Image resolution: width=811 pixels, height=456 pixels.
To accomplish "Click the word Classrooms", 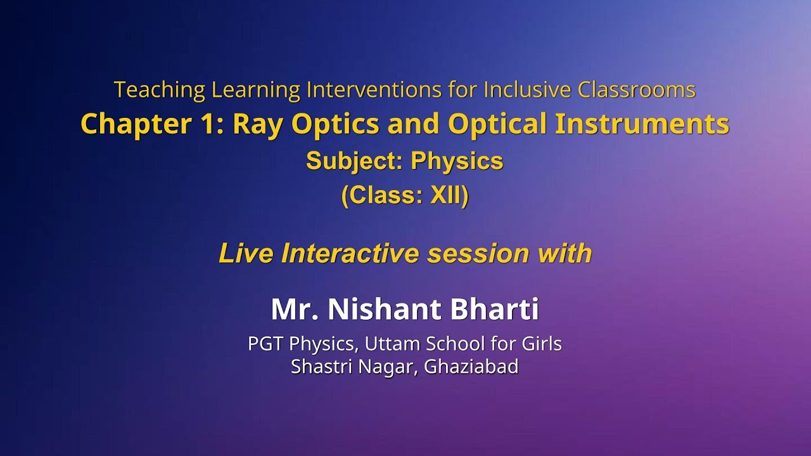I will [636, 90].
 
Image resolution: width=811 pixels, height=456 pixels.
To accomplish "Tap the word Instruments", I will [641, 124].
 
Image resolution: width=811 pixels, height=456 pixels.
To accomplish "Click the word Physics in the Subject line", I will [457, 161].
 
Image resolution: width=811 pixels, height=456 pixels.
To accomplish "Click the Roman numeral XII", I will [447, 196].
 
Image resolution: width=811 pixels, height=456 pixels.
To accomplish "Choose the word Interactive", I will [350, 253].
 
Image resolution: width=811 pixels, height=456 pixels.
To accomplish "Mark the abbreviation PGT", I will [265, 344].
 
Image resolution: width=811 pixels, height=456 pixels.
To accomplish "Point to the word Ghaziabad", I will [471, 366].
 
